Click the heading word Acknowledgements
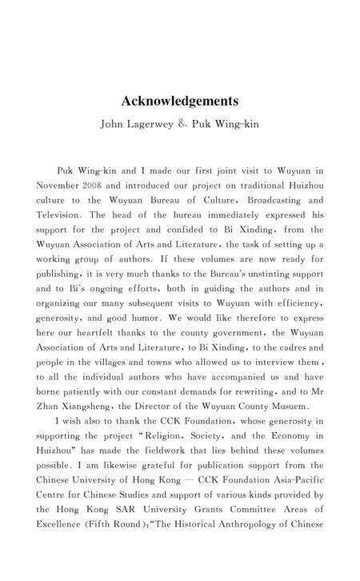pyautogui.click(x=179, y=102)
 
